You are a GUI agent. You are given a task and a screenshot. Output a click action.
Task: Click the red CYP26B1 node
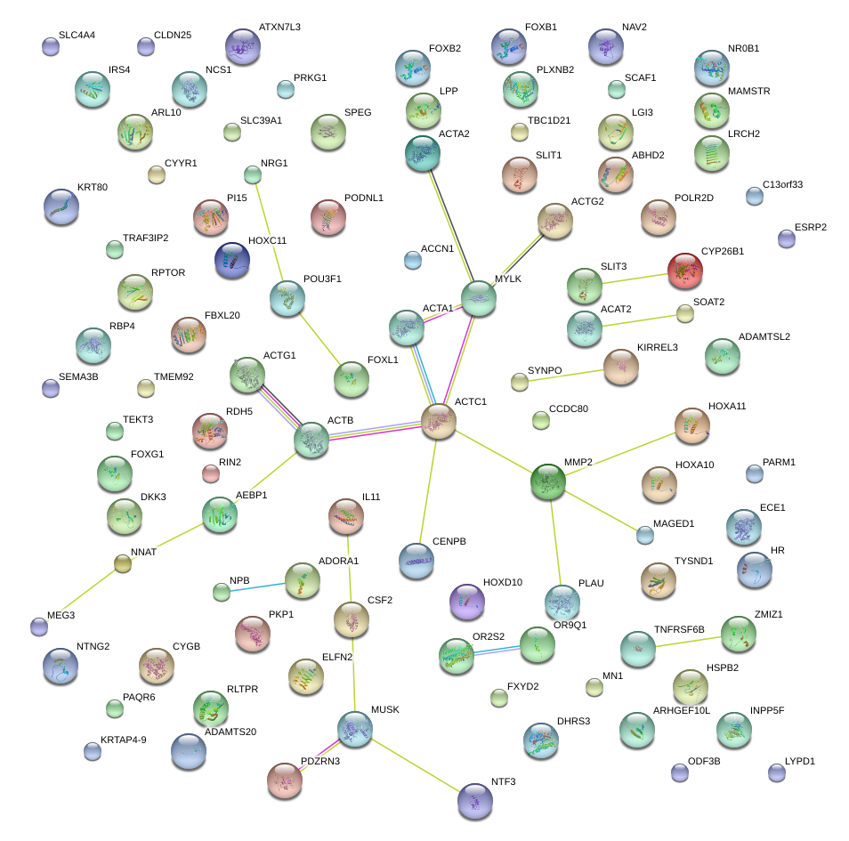point(684,270)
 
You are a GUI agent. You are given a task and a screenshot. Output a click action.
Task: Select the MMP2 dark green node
point(548,481)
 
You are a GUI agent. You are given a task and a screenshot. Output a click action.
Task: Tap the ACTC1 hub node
point(438,420)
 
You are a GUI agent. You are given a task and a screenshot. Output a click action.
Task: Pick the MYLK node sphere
point(479,297)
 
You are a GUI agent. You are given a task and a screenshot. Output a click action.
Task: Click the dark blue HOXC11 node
point(232,259)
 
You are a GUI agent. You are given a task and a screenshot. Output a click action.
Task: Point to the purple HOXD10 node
point(467,601)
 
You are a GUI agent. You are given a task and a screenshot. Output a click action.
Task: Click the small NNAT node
point(124,562)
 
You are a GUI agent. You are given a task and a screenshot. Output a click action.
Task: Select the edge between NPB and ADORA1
point(257,586)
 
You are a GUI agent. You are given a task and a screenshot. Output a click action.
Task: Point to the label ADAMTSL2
point(764,336)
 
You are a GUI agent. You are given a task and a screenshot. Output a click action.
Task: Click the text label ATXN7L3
point(279,28)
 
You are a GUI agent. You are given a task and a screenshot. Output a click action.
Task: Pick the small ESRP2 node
point(786,239)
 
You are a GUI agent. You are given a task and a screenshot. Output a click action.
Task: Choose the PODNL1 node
point(327,217)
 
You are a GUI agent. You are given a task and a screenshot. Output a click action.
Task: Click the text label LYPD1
point(799,762)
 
